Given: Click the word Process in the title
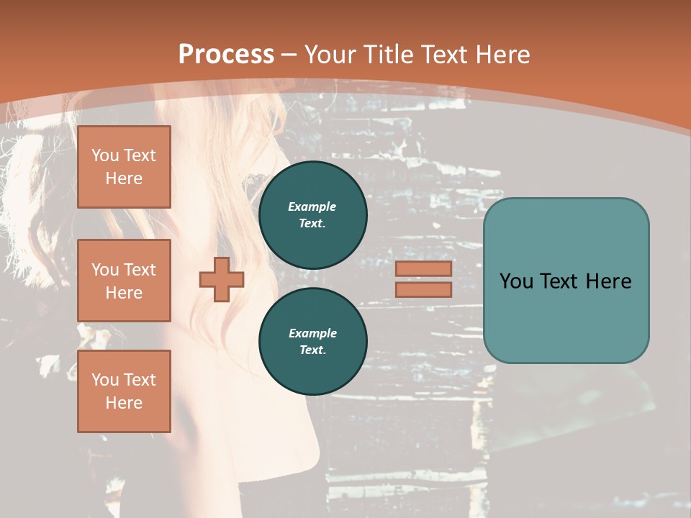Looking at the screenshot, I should click(x=226, y=55).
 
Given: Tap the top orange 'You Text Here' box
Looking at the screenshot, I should click(x=124, y=167).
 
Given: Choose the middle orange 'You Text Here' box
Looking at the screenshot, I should click(x=124, y=281).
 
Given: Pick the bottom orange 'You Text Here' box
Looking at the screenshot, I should click(x=124, y=391).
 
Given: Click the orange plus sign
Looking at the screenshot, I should click(x=222, y=280).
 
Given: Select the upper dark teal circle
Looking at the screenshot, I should click(x=312, y=214).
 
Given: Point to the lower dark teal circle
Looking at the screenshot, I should click(x=312, y=341).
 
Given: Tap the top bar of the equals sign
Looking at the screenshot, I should click(x=423, y=269).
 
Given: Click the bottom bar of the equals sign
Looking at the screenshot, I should click(x=423, y=289).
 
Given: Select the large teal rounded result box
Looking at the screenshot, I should click(x=566, y=281).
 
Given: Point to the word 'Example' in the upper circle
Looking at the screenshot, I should click(x=312, y=206).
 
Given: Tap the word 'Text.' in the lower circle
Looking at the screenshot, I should click(x=312, y=350).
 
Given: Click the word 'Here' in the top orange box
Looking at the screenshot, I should click(x=124, y=178).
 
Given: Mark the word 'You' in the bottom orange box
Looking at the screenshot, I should click(x=105, y=380).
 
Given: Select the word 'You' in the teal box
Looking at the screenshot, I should click(x=515, y=281).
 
